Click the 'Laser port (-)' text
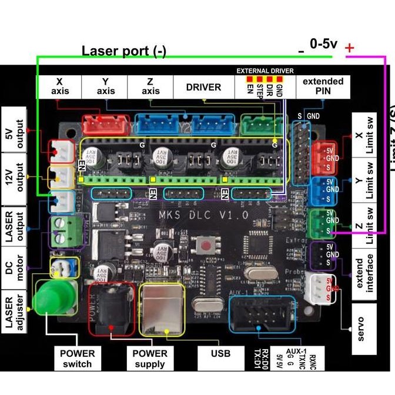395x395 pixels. pyautogui.click(x=123, y=51)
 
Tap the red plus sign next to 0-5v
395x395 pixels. pyautogui.click(x=350, y=48)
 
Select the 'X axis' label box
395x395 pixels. pyautogui.click(x=60, y=86)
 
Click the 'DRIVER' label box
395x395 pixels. pyautogui.click(x=203, y=87)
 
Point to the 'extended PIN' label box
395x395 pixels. pyautogui.click(x=323, y=86)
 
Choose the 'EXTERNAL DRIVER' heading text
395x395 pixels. pyautogui.click(x=265, y=71)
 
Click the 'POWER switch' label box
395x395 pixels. pyautogui.click(x=77, y=358)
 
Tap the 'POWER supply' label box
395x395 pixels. pyautogui.click(x=149, y=358)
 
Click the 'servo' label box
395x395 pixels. pyautogui.click(x=360, y=329)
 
